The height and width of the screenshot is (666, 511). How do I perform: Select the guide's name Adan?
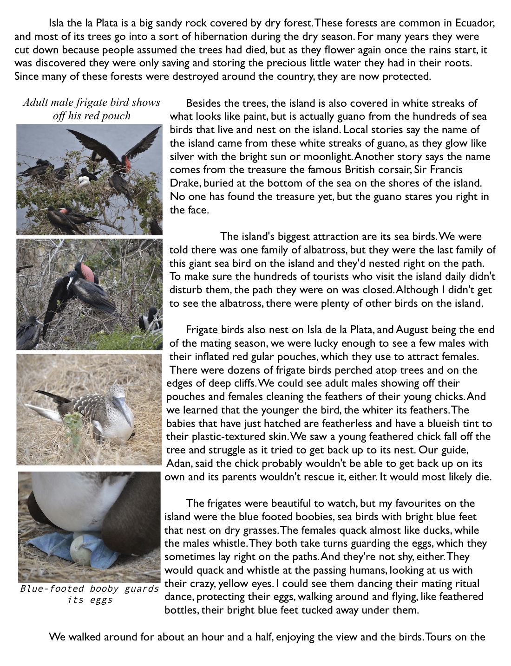pos(177,464)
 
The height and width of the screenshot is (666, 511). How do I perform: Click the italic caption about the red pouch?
pos(92,109)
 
